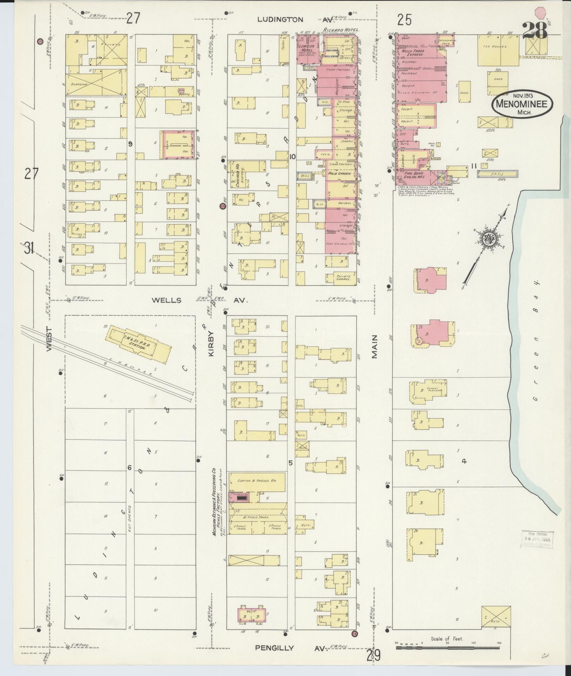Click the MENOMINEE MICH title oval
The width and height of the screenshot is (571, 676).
(x=522, y=103)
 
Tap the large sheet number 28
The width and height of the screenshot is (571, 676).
(x=535, y=31)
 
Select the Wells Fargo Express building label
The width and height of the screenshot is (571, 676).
(x=412, y=53)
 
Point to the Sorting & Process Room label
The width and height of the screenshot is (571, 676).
(x=257, y=480)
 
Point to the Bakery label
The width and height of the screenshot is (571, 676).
(x=185, y=94)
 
